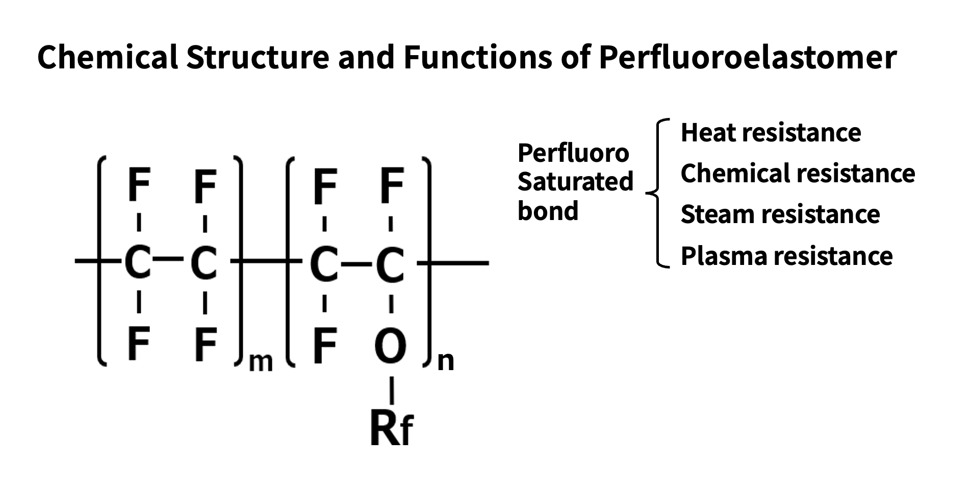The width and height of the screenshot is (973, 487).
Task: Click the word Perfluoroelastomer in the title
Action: pyautogui.click(x=747, y=57)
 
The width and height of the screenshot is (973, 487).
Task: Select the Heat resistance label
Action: pyautogui.click(x=771, y=133)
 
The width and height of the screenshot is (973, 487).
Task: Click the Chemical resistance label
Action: pyautogui.click(x=798, y=174)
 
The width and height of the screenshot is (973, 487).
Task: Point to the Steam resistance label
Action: pyautogui.click(x=780, y=214)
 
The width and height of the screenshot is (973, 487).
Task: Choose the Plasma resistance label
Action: pyautogui.click(x=786, y=256)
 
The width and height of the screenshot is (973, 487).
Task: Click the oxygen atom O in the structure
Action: pyautogui.click(x=390, y=347)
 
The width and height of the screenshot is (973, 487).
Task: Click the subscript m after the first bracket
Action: pyautogui.click(x=261, y=362)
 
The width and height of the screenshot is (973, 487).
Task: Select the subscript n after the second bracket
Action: pyautogui.click(x=446, y=361)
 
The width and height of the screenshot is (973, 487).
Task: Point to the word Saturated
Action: pyautogui.click(x=575, y=182)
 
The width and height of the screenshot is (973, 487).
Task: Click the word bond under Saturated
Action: pyautogui.click(x=548, y=210)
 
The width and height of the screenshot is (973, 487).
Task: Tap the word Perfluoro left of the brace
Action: pyautogui.click(x=573, y=153)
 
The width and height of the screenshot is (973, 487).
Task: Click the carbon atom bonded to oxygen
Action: pyautogui.click(x=390, y=264)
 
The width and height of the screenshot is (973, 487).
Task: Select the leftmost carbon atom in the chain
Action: pyautogui.click(x=138, y=263)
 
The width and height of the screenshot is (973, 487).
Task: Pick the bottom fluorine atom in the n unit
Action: pyautogui.click(x=324, y=346)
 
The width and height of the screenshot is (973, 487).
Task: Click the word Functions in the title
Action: pyautogui.click(x=478, y=57)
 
